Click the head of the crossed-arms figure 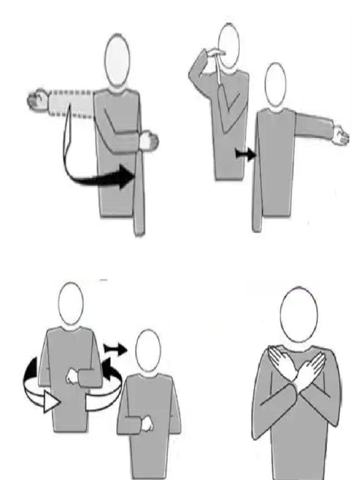click(x=299, y=315)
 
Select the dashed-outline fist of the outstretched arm click(x=37, y=100)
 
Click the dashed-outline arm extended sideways click(x=70, y=102)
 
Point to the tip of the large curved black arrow click(x=133, y=176)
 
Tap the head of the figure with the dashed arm click(x=117, y=61)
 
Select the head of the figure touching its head click(x=229, y=46)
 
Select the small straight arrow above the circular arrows click(x=115, y=348)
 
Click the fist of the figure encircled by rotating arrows click(x=73, y=377)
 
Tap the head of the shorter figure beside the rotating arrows click(x=148, y=350)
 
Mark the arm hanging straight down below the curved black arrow click(x=139, y=197)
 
